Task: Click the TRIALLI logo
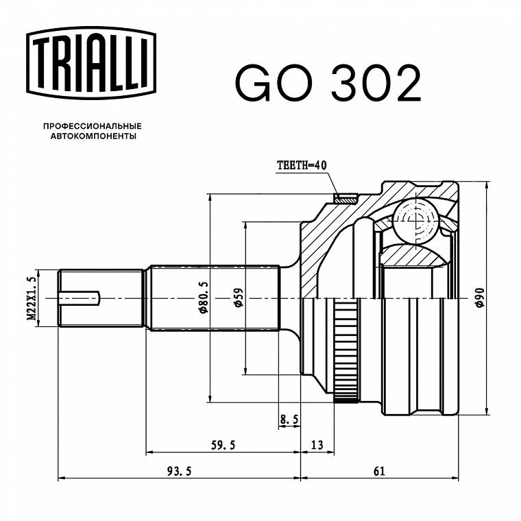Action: [x=91, y=63]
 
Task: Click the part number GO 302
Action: [x=328, y=83]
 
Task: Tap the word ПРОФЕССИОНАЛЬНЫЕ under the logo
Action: [x=93, y=126]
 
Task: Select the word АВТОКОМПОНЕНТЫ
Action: [x=93, y=136]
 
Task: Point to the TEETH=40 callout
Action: [x=302, y=165]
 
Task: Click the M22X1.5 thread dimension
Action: [x=32, y=298]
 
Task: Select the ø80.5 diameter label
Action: [x=204, y=298]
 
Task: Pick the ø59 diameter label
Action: [x=239, y=298]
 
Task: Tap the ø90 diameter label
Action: [x=480, y=298]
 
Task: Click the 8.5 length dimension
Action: [x=289, y=420]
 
